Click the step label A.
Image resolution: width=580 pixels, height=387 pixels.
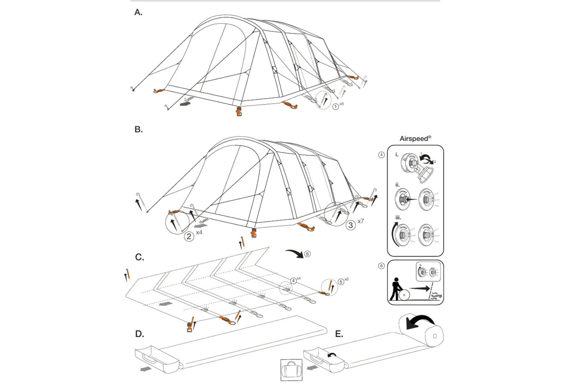point(138,13)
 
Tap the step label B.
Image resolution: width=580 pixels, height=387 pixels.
point(138,130)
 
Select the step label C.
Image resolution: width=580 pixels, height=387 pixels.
point(140,257)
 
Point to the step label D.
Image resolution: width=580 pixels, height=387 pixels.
point(140,334)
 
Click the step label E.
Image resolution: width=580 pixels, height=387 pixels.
point(339,334)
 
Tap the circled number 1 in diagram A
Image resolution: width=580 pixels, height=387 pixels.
point(335,107)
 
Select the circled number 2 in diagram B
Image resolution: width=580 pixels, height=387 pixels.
point(189,236)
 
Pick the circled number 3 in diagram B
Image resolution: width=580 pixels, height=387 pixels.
point(350,224)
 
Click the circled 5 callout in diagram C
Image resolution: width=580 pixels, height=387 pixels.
point(341,282)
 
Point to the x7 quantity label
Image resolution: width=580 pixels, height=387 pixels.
point(361,221)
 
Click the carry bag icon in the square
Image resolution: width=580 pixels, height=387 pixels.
point(291,370)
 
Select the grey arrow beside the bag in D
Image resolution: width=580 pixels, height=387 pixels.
point(146,369)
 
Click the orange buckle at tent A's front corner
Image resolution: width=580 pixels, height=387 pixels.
point(239,111)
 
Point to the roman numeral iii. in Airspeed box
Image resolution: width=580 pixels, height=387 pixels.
point(398,217)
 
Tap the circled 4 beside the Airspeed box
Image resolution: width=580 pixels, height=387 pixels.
point(382,155)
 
